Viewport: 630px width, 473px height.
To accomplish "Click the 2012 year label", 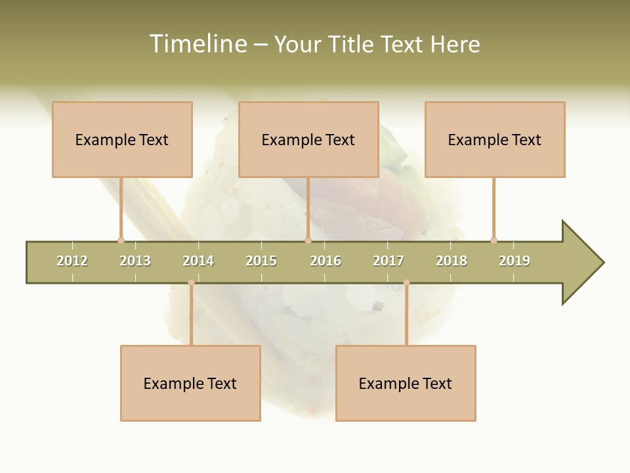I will point(72,261).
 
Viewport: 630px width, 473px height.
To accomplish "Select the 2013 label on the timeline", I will point(135,261).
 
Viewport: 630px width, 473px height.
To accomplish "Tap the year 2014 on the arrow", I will point(198,261).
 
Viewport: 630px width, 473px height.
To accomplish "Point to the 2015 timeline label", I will point(261,261).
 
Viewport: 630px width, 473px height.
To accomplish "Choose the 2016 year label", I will point(325,261).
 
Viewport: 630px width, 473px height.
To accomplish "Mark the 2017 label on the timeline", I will point(388,261).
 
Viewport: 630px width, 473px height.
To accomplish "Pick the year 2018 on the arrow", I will point(451,261).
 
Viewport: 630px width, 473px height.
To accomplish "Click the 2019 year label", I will point(514,261).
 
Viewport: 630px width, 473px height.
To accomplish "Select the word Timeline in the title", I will point(197,44).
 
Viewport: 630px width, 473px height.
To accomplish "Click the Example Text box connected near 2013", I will point(122,139).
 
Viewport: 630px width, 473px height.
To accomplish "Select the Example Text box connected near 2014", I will point(190,383).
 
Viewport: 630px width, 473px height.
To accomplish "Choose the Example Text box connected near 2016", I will point(308,139).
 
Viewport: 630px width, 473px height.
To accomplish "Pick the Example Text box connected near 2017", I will point(406,383).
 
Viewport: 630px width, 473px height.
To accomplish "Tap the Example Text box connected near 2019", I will point(495,139).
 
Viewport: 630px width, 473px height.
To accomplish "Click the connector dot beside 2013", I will point(121,240).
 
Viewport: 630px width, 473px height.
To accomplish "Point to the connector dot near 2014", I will point(191,282).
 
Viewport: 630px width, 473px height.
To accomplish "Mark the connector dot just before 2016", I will point(308,240).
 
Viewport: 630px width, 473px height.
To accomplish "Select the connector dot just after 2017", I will point(406,282).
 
